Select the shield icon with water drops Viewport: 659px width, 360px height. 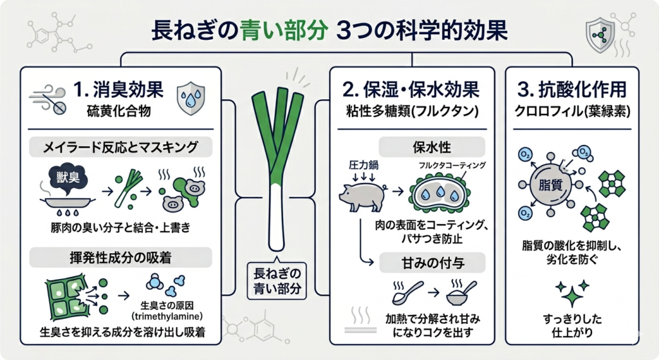click(x=190, y=97)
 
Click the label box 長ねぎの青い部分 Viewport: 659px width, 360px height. click(x=278, y=278)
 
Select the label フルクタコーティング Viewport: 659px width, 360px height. click(x=451, y=165)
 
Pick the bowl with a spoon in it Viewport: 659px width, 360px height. click(x=458, y=294)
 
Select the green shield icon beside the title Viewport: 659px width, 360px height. click(x=600, y=32)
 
